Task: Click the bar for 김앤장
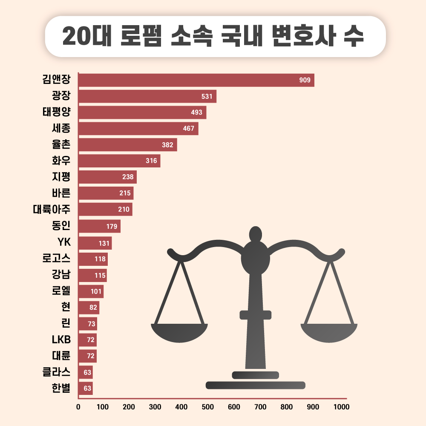click(196, 80)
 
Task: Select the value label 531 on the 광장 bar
click(207, 96)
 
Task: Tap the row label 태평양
click(56, 112)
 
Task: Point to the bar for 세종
click(138, 129)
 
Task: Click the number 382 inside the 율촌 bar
click(167, 145)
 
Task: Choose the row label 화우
click(61, 161)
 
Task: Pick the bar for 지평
click(107, 177)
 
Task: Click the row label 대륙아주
click(52, 210)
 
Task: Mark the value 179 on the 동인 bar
click(112, 226)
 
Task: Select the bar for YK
click(95, 243)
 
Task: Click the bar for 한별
click(86, 388)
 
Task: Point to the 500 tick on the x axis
click(207, 407)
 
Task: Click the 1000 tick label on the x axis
click(341, 407)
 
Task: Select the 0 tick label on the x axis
click(78, 407)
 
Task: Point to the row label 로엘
click(61, 291)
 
